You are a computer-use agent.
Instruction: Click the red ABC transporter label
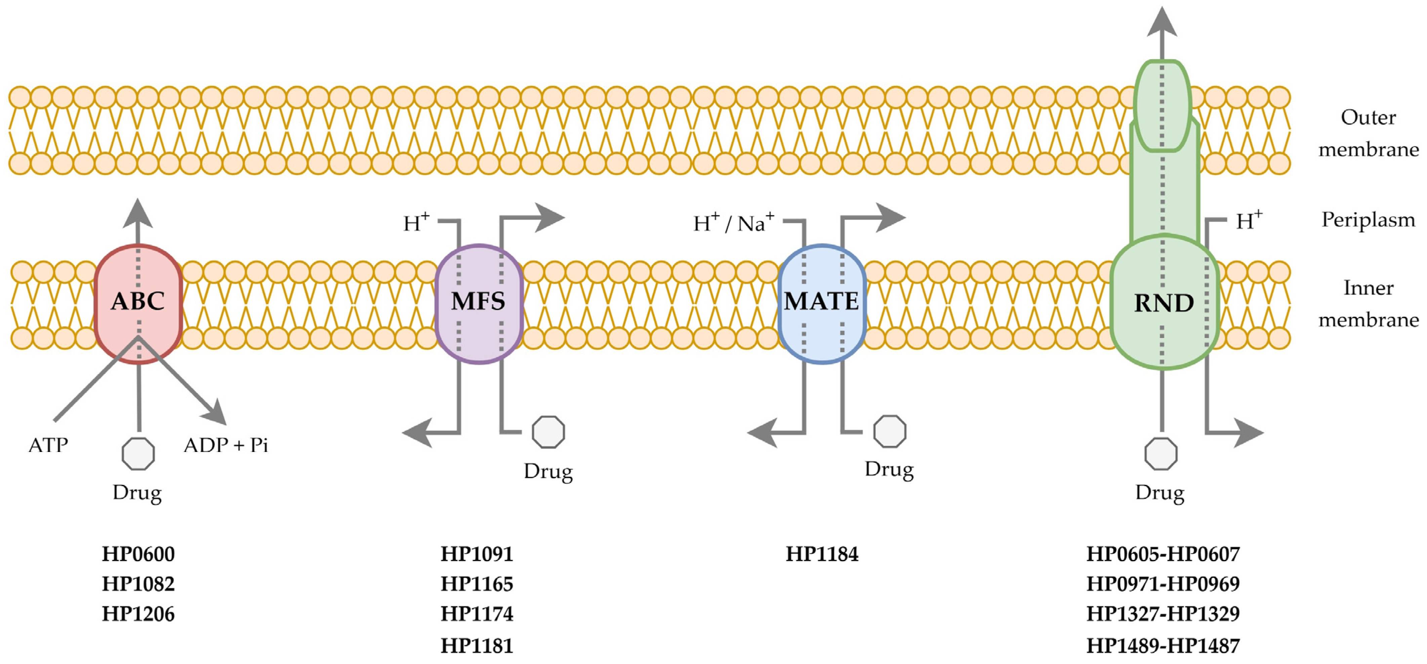pyautogui.click(x=138, y=301)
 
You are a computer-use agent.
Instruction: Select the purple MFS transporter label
pyautogui.click(x=478, y=301)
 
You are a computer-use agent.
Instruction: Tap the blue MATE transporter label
pyautogui.click(x=821, y=301)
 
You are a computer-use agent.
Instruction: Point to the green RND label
pyautogui.click(x=1164, y=303)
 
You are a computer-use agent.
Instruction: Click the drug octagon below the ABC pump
pyautogui.click(x=138, y=454)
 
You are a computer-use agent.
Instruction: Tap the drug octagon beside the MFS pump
pyautogui.click(x=548, y=432)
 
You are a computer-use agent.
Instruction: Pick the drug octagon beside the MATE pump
pyautogui.click(x=890, y=431)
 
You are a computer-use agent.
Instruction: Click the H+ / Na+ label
pyautogui.click(x=733, y=223)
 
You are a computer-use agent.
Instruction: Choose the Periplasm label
pyautogui.click(x=1368, y=220)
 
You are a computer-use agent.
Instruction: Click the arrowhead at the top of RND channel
pyautogui.click(x=1161, y=22)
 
